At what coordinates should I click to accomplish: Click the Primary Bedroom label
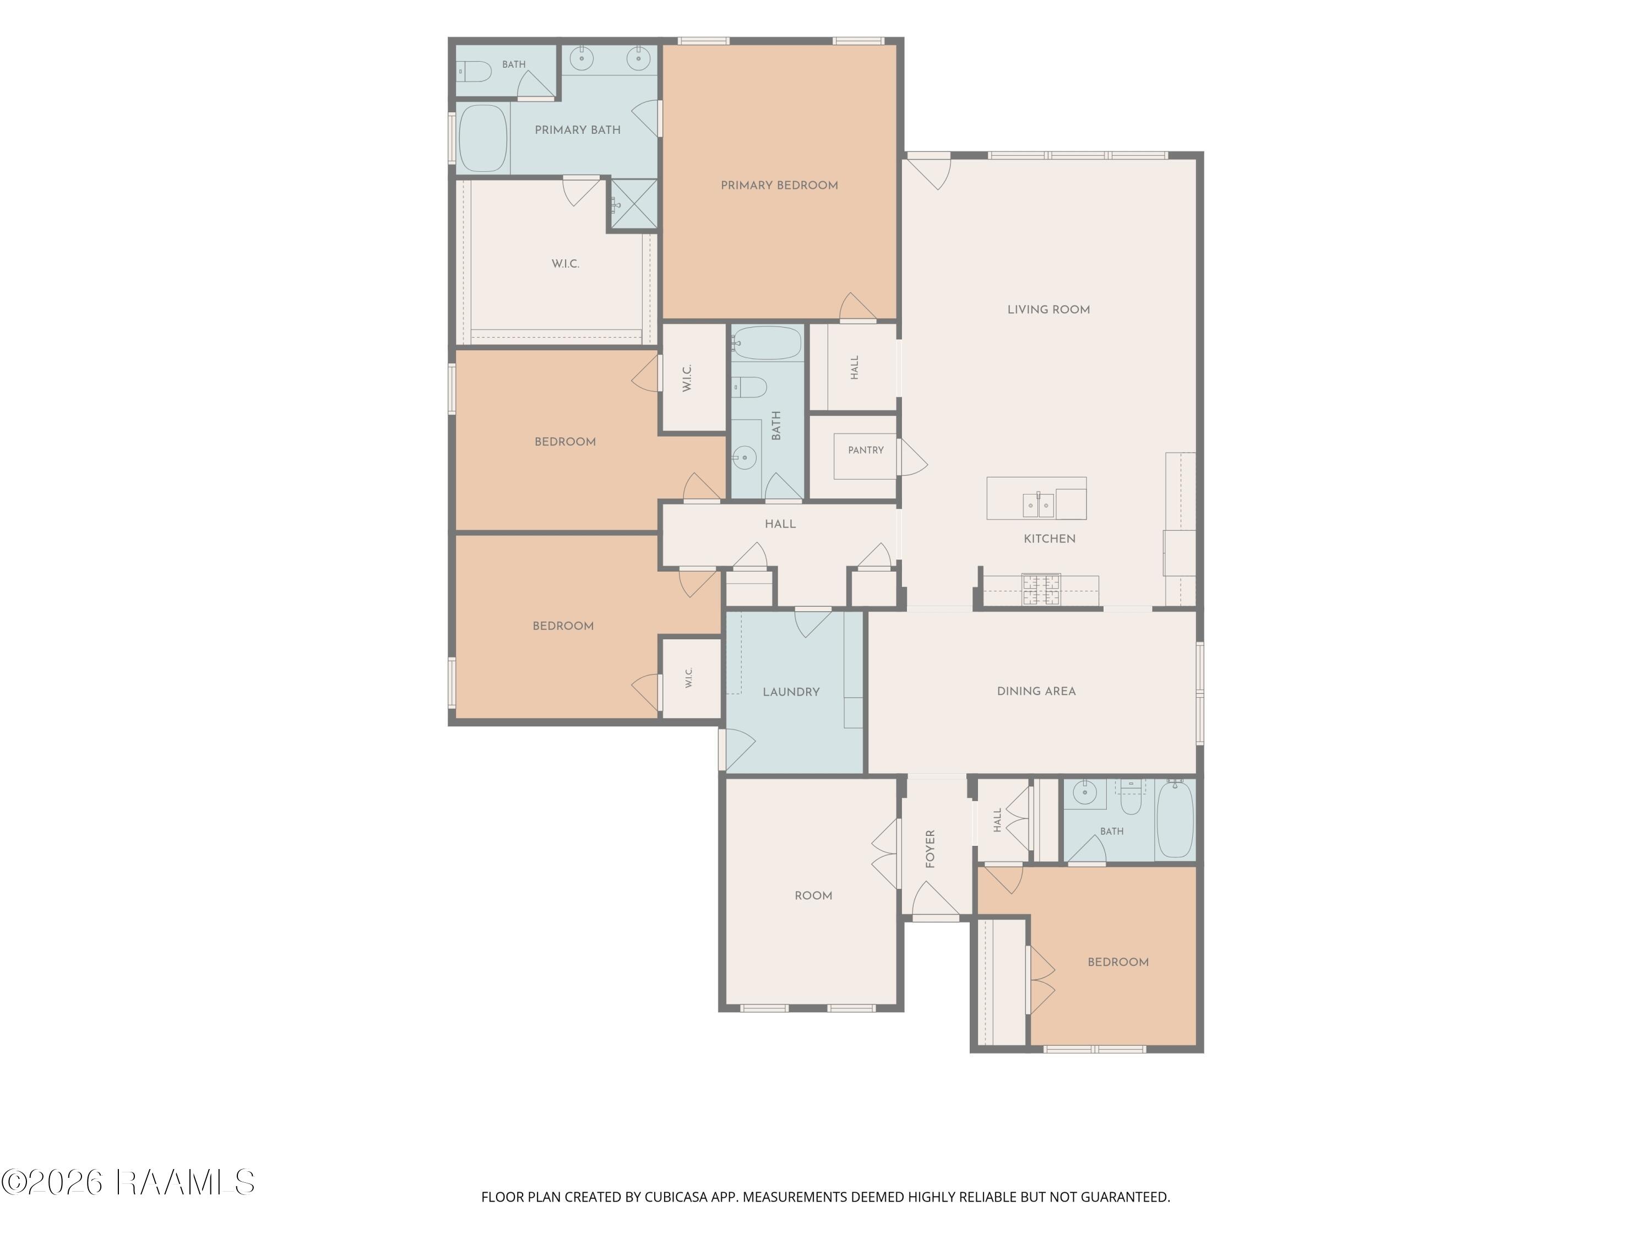point(779,185)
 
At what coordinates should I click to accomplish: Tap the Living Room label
point(1048,309)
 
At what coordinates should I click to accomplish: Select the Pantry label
point(866,450)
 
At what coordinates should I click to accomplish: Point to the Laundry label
point(791,692)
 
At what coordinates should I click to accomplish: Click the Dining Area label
point(1036,691)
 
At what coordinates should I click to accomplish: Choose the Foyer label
point(931,849)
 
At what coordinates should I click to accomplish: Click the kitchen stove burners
point(1041,589)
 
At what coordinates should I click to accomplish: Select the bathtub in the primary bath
point(482,138)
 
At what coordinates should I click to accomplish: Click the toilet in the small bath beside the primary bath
point(474,72)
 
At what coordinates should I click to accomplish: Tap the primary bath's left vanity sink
point(581,57)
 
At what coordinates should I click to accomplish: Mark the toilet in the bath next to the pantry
point(749,387)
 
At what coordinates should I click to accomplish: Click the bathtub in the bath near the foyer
point(1175,819)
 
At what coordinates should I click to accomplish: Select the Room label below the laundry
point(813,895)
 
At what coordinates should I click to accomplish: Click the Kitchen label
point(1050,539)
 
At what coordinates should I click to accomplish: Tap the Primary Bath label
point(577,130)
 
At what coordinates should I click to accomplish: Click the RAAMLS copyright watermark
point(128,1182)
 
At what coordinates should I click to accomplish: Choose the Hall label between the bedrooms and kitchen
point(780,524)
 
